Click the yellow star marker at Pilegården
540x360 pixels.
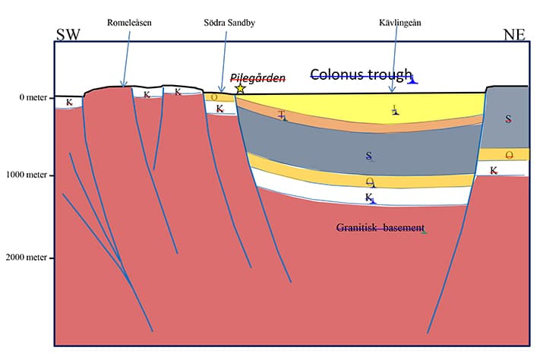[241, 89]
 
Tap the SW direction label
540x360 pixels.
[68, 35]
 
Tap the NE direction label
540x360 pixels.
[514, 35]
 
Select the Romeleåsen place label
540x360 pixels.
[129, 23]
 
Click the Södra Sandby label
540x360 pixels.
[229, 23]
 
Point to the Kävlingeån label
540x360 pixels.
[399, 23]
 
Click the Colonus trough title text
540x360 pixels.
[362, 74]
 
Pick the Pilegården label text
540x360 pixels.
[257, 78]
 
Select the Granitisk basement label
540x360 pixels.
[381, 228]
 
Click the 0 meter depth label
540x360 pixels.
[33, 97]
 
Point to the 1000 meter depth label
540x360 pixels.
[27, 175]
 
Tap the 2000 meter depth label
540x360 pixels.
[26, 257]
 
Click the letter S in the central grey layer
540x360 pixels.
[369, 156]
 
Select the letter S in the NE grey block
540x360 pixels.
[508, 118]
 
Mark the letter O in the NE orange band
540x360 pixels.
[509, 156]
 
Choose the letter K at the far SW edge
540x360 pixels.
[69, 103]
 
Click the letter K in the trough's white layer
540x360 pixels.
[369, 197]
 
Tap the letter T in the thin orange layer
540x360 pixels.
[282, 115]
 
